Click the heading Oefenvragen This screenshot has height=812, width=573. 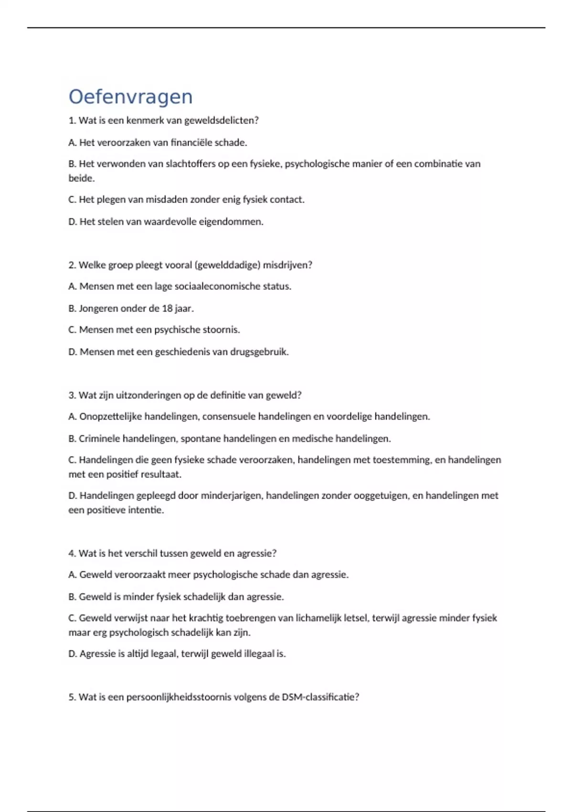pyautogui.click(x=130, y=97)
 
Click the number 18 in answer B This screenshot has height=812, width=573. pyautogui.click(x=167, y=309)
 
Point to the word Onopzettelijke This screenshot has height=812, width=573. pyautogui.click(x=110, y=417)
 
